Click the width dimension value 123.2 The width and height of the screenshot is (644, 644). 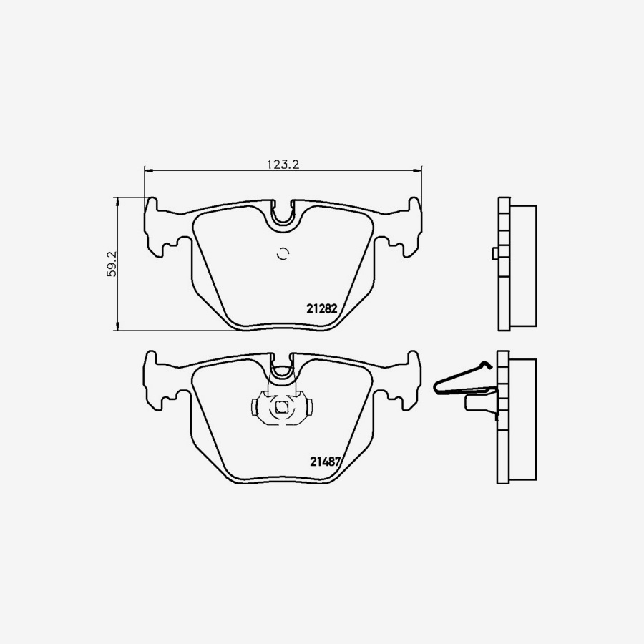click(283, 165)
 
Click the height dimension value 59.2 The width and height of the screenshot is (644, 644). click(112, 264)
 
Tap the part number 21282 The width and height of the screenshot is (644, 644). click(321, 308)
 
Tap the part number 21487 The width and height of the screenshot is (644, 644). click(326, 462)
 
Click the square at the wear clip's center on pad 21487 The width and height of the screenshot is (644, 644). click(281, 407)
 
